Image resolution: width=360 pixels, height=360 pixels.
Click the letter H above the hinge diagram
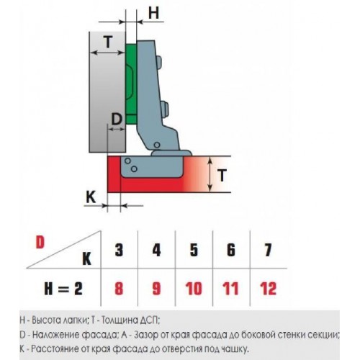click(x=153, y=12)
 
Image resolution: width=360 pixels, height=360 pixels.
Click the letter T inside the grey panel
click(x=108, y=42)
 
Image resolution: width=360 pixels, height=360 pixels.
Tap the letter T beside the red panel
click(x=222, y=175)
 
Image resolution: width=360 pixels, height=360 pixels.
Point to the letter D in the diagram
click(x=117, y=120)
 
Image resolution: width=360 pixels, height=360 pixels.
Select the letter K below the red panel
click(x=91, y=197)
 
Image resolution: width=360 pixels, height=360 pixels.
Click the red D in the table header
click(x=40, y=243)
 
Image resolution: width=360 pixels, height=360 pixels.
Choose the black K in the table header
click(x=87, y=259)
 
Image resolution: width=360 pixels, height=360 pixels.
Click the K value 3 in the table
click(x=119, y=250)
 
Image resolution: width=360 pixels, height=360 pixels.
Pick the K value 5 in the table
click(x=194, y=250)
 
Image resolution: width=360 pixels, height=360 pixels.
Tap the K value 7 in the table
click(x=268, y=250)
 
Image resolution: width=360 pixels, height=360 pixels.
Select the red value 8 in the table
click(x=119, y=289)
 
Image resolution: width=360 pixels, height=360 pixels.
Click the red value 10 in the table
click(x=194, y=289)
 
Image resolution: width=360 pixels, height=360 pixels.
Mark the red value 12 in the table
click(x=268, y=289)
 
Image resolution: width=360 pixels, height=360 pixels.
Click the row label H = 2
click(x=63, y=289)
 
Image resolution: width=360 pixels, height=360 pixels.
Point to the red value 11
click(x=230, y=289)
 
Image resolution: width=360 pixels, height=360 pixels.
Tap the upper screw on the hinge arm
click(x=159, y=62)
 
